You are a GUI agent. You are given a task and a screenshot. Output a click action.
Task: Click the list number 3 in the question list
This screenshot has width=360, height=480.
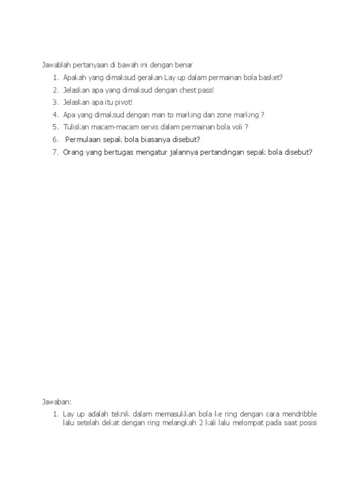point(55,102)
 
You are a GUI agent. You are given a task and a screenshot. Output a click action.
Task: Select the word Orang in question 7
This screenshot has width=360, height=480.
point(73,152)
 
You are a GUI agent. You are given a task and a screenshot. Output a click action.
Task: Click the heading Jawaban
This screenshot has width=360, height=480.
point(56,402)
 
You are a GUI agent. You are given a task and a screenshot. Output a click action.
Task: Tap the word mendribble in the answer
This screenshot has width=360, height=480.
point(299,414)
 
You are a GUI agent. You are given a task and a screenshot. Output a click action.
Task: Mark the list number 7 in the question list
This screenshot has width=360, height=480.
point(55,152)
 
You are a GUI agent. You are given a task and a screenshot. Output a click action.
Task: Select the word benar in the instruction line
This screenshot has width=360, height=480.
point(183,65)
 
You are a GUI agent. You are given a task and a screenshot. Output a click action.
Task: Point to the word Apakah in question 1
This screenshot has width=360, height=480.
point(74,77)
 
